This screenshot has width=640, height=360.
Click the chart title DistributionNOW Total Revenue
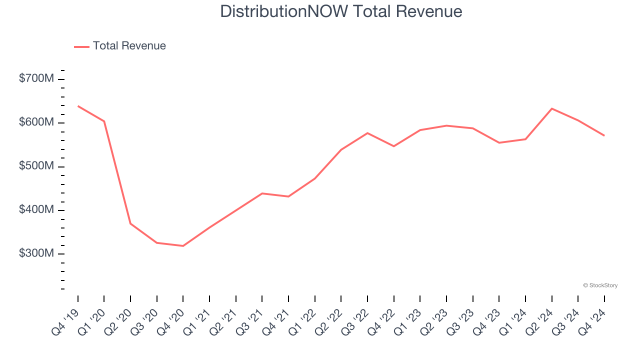(x=341, y=11)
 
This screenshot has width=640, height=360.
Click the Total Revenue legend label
(x=129, y=46)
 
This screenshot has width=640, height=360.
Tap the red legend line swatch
(x=81, y=46)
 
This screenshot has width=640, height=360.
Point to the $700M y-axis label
(x=37, y=78)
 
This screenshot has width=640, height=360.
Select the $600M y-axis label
(x=37, y=122)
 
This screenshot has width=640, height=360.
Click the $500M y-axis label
(x=37, y=166)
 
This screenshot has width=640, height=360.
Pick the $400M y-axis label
(x=37, y=209)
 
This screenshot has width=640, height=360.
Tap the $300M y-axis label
(x=37, y=253)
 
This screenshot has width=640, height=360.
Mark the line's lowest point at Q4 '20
(x=183, y=246)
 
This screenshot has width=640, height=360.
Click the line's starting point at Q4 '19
(x=78, y=106)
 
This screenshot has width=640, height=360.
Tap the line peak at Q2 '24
(x=551, y=108)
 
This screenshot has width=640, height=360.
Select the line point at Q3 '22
(x=367, y=133)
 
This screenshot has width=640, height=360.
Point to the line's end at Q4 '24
(x=604, y=135)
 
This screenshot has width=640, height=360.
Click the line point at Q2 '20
(x=130, y=223)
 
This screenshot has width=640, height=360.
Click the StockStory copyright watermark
(x=600, y=285)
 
